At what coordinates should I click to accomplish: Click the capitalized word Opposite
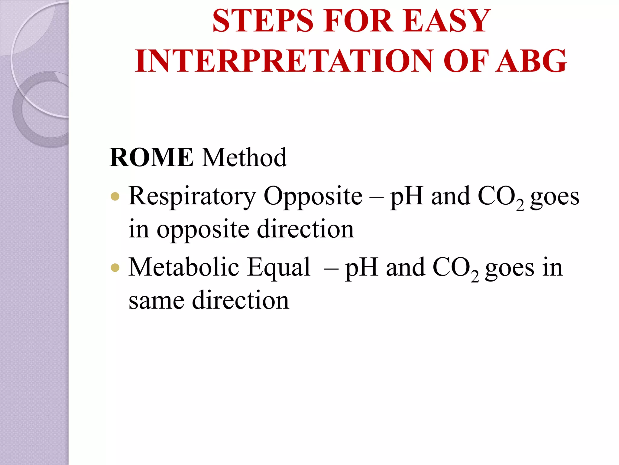313,196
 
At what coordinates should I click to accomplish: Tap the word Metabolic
184,267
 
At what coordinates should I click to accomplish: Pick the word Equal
279,268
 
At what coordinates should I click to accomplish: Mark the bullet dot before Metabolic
115,268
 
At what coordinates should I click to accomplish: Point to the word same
156,300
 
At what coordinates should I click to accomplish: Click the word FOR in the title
358,21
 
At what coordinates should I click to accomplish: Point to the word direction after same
241,300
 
